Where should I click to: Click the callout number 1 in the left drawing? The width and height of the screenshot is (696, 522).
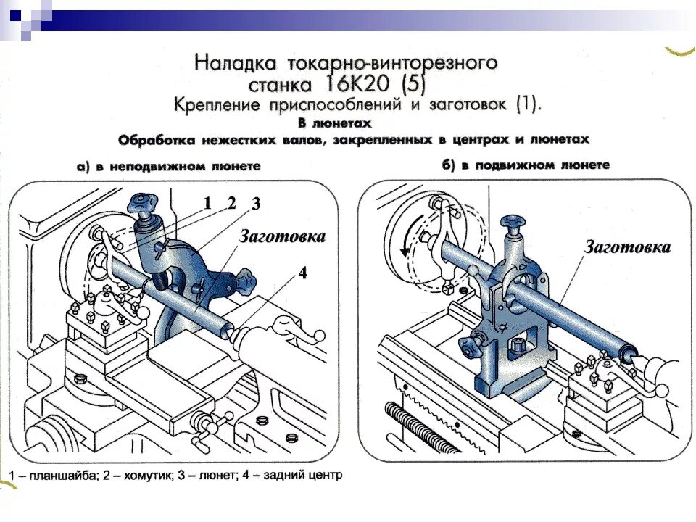(x=207, y=204)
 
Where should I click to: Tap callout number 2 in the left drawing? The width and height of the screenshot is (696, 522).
(x=231, y=204)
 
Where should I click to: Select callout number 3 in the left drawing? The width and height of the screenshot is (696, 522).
(x=255, y=204)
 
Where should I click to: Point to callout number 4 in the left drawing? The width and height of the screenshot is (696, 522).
(x=303, y=273)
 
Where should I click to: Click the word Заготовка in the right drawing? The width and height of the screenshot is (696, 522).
(x=628, y=246)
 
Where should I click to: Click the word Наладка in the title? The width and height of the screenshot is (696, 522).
(x=234, y=62)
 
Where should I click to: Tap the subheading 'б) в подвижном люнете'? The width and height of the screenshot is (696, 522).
(x=526, y=165)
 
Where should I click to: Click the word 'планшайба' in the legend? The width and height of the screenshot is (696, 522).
(x=58, y=476)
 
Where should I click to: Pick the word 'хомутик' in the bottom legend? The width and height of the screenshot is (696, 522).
(x=145, y=476)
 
